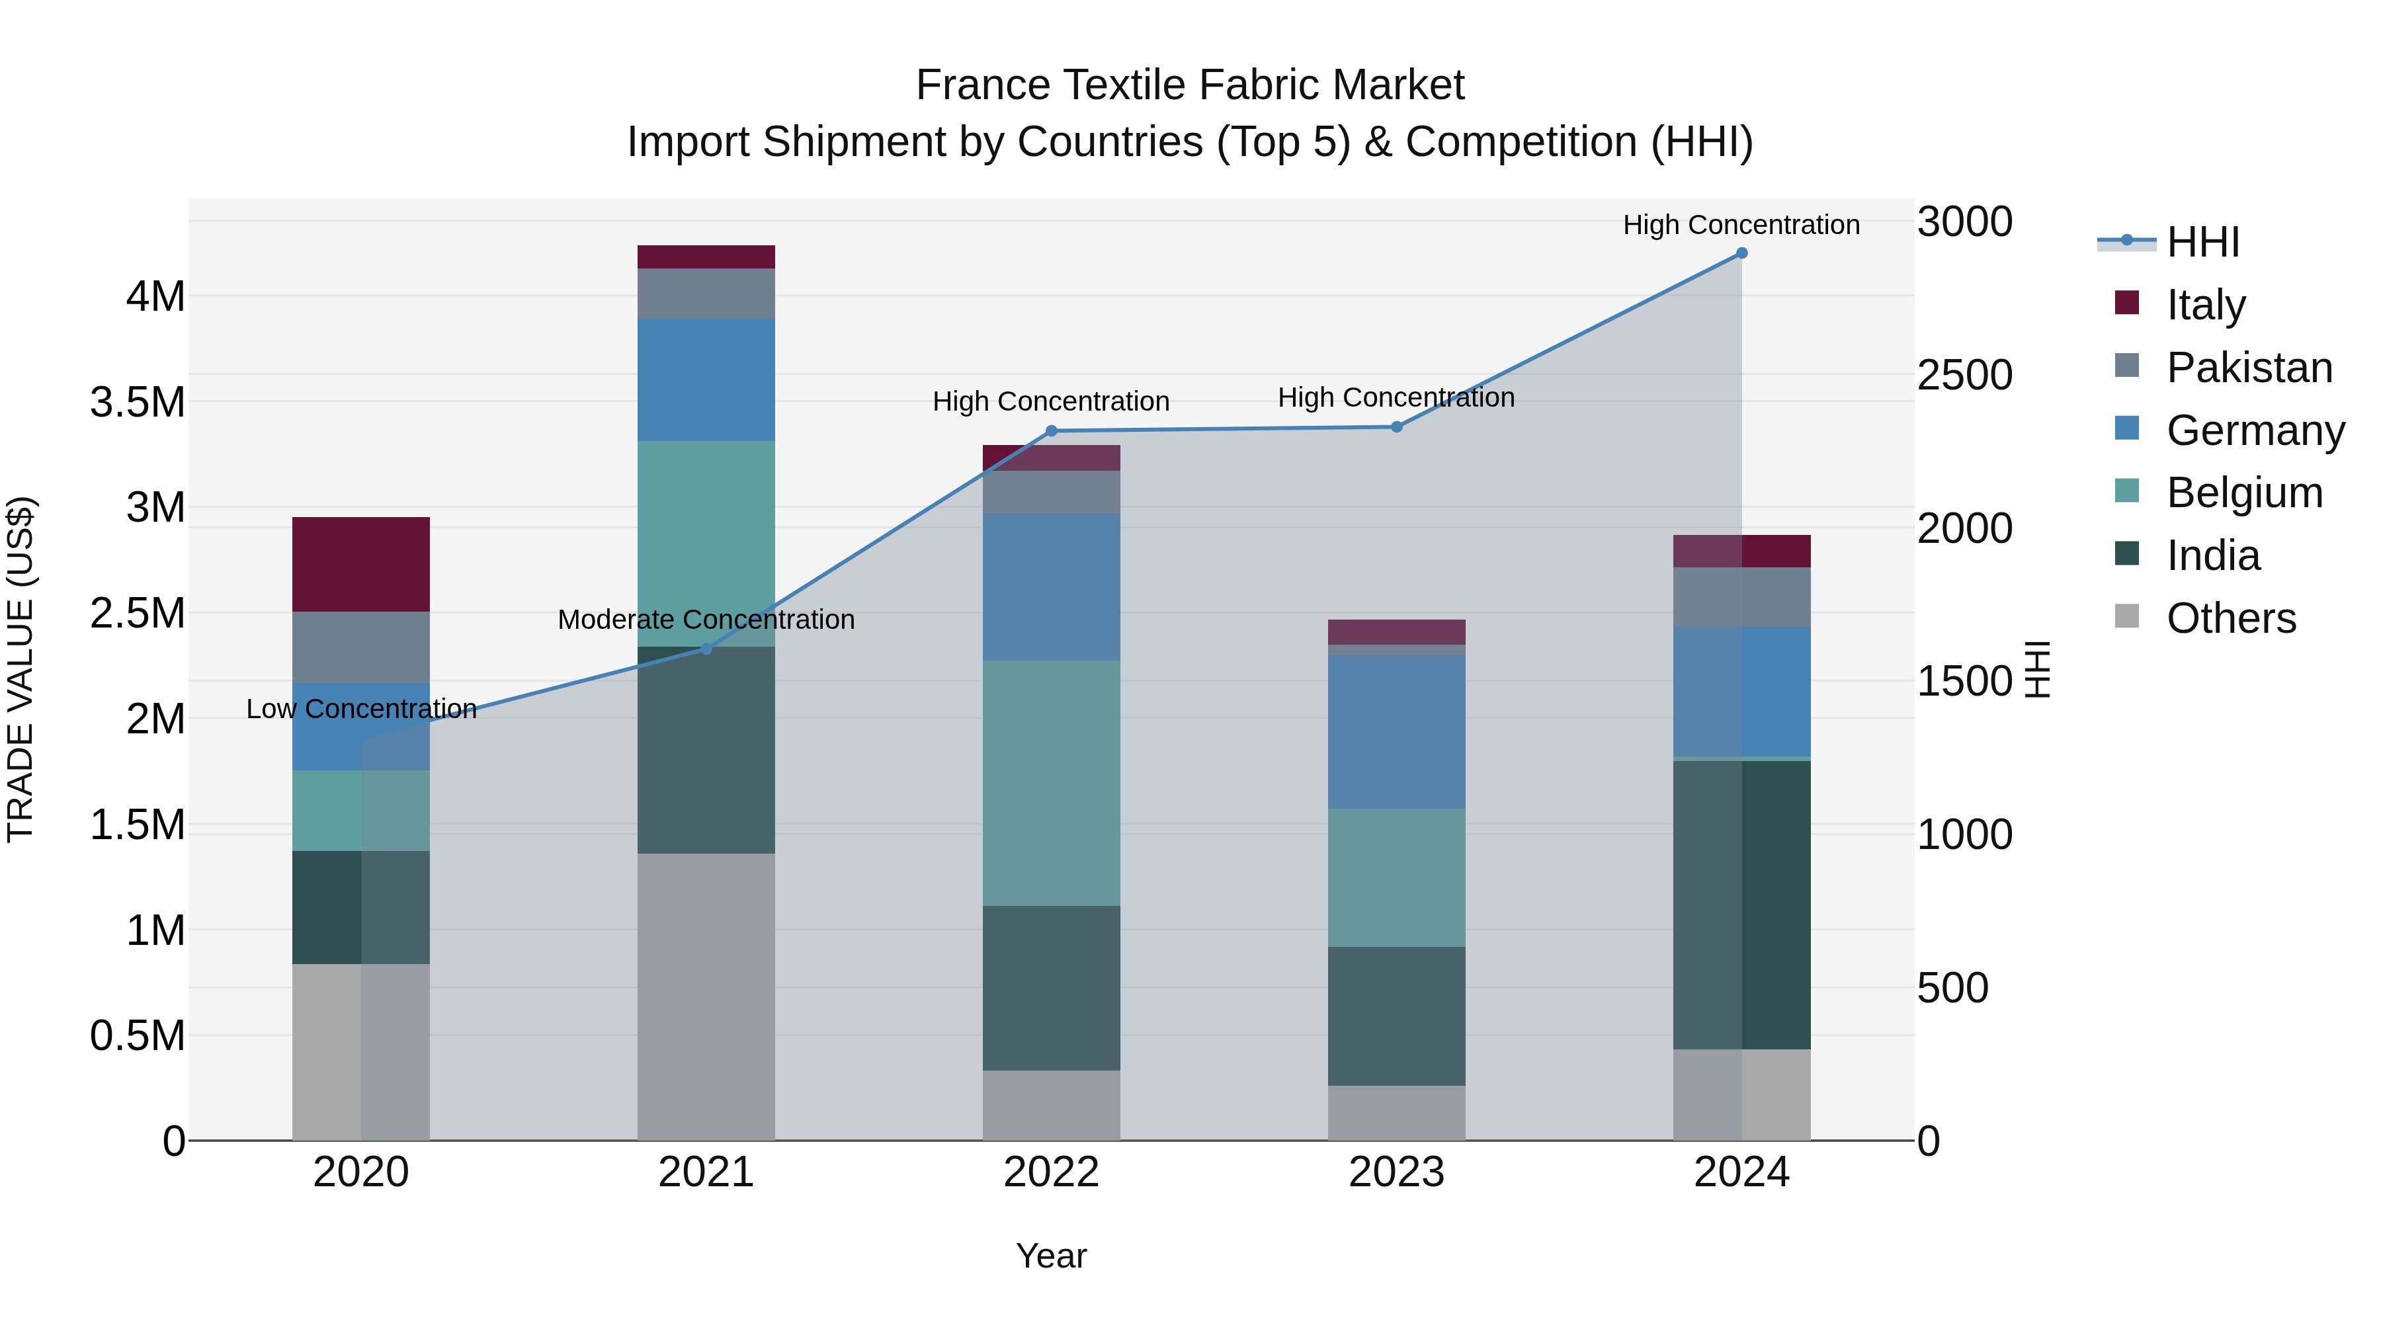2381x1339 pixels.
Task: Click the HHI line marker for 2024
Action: click(x=1741, y=253)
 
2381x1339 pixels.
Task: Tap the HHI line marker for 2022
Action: click(x=1051, y=430)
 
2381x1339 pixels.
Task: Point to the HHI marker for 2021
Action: click(x=706, y=649)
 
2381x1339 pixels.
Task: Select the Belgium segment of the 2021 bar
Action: click(x=706, y=544)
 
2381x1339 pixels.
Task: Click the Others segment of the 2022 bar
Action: click(x=1051, y=1105)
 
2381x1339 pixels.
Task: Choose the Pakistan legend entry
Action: click(x=2249, y=368)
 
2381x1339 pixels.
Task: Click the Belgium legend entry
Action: click(x=2244, y=493)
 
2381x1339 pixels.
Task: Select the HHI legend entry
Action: click(x=2202, y=242)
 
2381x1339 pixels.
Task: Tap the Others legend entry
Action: click(x=2230, y=618)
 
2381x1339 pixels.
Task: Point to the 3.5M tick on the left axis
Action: click(x=138, y=403)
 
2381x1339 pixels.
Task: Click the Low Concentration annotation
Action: click(x=361, y=709)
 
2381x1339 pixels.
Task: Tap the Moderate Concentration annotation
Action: click(x=706, y=619)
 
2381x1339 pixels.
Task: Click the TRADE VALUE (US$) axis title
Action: click(x=21, y=669)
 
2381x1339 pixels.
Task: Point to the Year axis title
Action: click(x=1051, y=1256)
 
